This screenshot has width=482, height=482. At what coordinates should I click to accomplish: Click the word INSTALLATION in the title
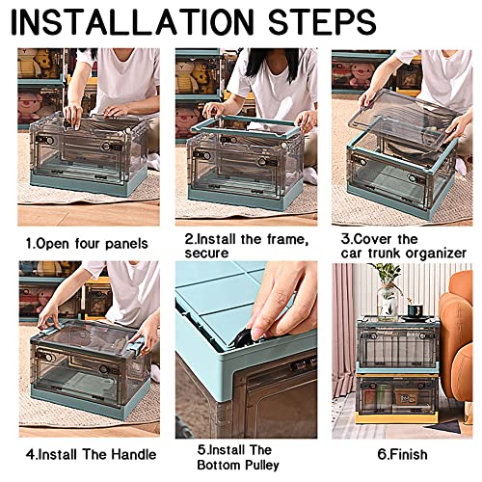132,22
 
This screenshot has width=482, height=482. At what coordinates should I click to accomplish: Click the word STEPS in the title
322,22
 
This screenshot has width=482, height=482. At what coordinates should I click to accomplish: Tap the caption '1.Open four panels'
87,244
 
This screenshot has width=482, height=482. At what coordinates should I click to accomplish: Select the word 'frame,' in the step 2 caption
287,240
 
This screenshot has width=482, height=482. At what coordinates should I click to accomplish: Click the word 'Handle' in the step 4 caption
134,454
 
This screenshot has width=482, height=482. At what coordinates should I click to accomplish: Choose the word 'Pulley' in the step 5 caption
262,465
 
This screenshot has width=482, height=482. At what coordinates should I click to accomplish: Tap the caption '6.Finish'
402,455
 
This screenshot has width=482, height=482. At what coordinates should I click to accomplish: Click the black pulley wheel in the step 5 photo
243,340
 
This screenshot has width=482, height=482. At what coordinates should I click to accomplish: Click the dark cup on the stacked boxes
415,311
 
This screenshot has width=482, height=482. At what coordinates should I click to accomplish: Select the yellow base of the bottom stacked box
396,417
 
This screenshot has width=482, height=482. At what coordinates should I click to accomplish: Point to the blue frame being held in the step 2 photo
248,126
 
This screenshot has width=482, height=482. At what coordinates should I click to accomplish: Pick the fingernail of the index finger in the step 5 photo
257,335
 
